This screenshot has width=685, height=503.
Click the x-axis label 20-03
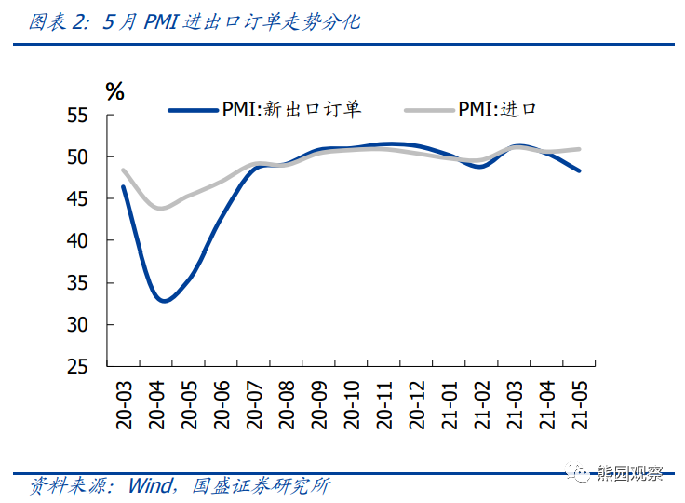pos(124,403)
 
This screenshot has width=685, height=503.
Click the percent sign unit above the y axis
pos(114,91)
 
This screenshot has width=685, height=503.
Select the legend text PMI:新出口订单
pos(291,110)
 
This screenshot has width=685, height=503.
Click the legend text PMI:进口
pos(497,110)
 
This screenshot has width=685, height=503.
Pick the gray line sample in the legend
pos(428,110)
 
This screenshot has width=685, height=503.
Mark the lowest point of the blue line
pos(164,300)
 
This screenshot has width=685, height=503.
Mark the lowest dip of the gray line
pos(161,208)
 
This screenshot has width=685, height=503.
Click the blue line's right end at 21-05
pos(578,170)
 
